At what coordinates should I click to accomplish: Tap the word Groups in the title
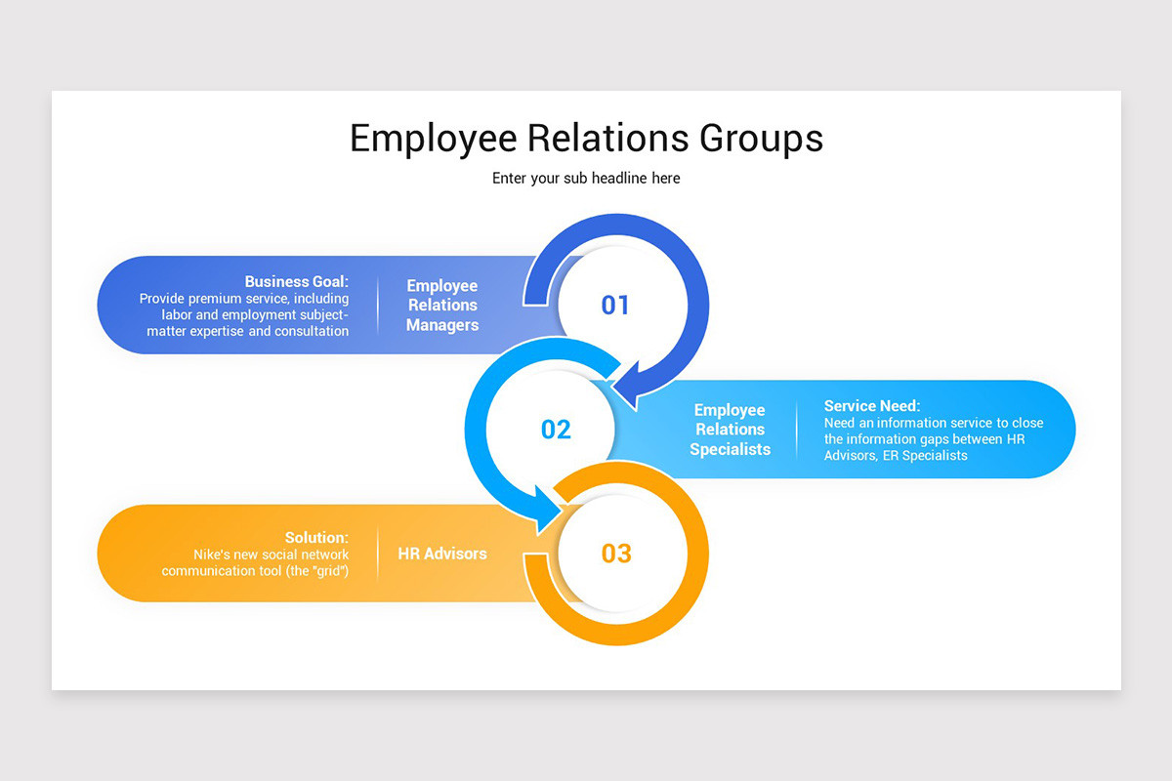point(761,139)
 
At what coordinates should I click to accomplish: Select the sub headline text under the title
point(586,179)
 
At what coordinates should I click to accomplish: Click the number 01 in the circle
point(615,306)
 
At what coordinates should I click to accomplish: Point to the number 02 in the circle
point(556,430)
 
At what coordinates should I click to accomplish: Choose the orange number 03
point(616,554)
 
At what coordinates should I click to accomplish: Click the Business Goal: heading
point(296,281)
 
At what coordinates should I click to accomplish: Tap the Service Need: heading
point(872,406)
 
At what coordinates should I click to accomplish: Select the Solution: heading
point(316,537)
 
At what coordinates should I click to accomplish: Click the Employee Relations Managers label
point(442,306)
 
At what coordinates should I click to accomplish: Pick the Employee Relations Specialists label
point(730,430)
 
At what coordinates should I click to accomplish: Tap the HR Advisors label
point(442,554)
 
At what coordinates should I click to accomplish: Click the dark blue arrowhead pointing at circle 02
point(625,388)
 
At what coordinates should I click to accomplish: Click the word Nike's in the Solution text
point(214,555)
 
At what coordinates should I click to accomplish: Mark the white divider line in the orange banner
point(378,554)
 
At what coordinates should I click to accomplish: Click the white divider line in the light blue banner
point(797,430)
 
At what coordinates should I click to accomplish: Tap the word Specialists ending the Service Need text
point(935,456)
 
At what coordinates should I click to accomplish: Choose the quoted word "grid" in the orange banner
point(327,570)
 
